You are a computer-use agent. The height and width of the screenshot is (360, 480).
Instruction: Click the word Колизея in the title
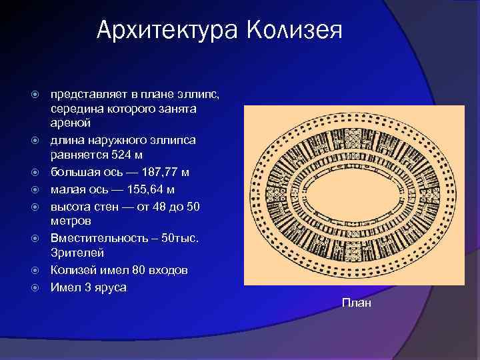click(295, 30)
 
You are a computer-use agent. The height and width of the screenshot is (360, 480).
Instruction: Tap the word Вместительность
click(97, 238)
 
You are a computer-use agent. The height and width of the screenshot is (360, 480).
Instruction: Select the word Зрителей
click(73, 253)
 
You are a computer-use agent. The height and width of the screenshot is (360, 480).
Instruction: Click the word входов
click(167, 271)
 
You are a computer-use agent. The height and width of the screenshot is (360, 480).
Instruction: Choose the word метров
click(71, 221)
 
